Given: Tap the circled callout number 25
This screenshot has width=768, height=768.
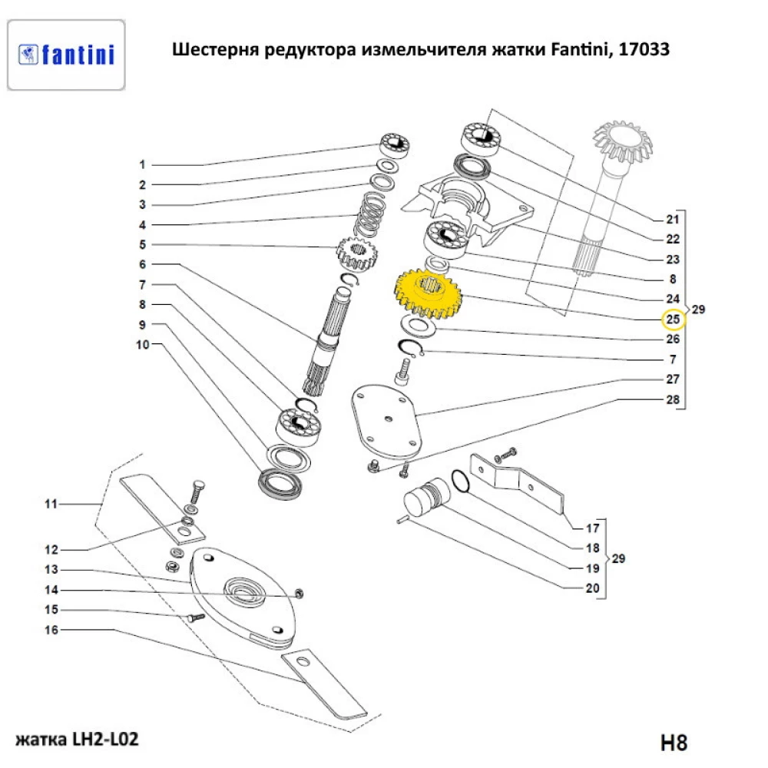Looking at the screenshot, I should (673, 319).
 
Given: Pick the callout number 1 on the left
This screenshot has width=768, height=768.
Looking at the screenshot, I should (142, 165).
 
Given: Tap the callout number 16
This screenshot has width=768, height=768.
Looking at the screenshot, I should (51, 631).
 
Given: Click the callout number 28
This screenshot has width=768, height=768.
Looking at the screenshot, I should (673, 400).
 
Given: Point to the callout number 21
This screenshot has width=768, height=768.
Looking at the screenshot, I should (673, 219).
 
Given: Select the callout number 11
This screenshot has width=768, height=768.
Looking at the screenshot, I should (51, 505).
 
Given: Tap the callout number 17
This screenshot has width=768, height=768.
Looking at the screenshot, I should (592, 528).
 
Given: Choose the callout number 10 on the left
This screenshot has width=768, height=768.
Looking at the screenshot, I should (142, 345).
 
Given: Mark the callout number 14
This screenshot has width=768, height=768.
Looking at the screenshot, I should (51, 590).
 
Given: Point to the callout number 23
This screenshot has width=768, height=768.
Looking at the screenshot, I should (673, 260).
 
